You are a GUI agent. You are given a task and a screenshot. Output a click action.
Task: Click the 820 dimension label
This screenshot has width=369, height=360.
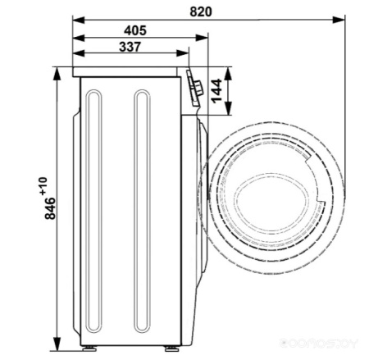(x=201, y=11)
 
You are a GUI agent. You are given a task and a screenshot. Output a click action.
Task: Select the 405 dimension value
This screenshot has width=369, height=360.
(x=135, y=30)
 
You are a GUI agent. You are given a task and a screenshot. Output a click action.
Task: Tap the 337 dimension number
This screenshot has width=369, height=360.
(x=130, y=47)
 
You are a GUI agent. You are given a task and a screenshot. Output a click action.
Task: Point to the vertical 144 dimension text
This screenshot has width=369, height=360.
(x=216, y=91)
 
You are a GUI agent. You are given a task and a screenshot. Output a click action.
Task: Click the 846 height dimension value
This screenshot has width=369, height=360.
(x=50, y=208)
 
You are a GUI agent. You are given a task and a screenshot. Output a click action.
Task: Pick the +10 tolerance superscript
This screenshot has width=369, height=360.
(x=43, y=186)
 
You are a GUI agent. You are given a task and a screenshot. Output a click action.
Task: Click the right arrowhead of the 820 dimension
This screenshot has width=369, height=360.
(x=339, y=20)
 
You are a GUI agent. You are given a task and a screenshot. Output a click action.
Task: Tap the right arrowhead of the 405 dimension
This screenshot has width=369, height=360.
(x=202, y=38)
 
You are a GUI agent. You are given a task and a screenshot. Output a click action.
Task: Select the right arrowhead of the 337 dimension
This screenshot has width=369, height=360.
(x=183, y=53)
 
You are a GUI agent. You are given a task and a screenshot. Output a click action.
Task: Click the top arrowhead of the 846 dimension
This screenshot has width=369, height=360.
(x=57, y=74)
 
